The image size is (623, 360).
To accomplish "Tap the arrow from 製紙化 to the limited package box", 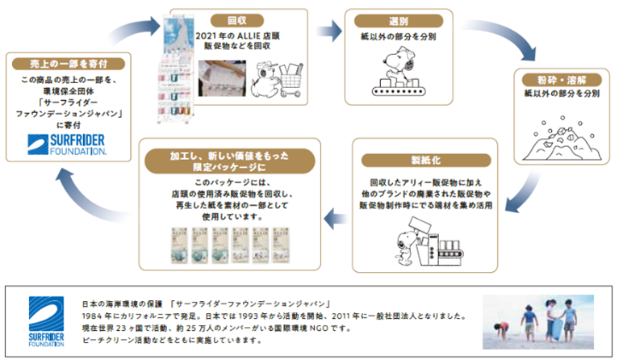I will point(332,216).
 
